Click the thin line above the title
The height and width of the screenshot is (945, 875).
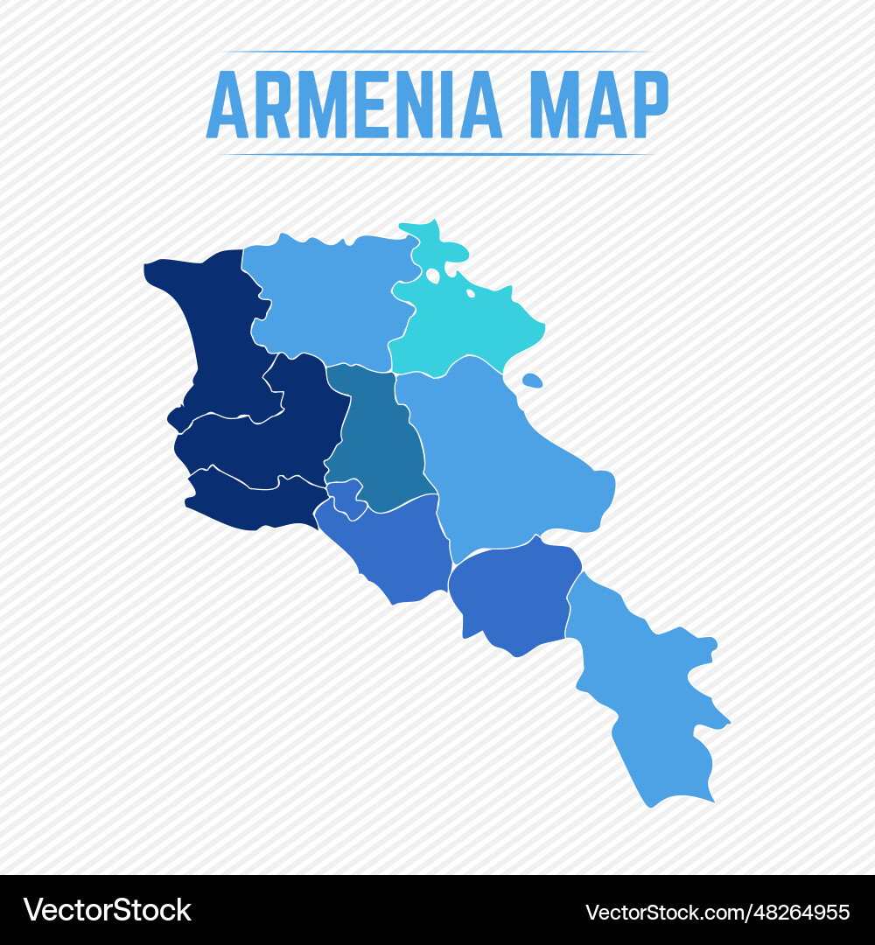click(437, 52)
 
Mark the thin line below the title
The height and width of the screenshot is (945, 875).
click(437, 154)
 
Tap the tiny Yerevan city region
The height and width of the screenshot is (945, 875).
click(346, 497)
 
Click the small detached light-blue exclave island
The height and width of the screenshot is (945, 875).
click(532, 381)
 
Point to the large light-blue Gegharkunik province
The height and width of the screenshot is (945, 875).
click(507, 464)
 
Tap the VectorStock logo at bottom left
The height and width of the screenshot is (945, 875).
click(108, 910)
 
